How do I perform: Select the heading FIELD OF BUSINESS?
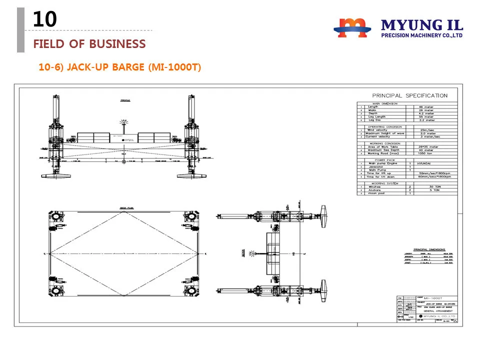pyautogui.click(x=89, y=44)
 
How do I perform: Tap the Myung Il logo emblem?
pyautogui.click(x=352, y=27)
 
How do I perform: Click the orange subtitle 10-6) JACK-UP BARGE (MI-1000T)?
pyautogui.click(x=120, y=66)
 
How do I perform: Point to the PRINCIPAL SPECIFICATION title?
pyautogui.click(x=410, y=95)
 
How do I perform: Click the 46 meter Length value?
pyautogui.click(x=426, y=106)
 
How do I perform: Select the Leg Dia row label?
pyautogui.click(x=374, y=120)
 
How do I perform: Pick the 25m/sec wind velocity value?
pyautogui.click(x=427, y=130)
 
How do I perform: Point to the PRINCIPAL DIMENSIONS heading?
pyautogui.click(x=429, y=249)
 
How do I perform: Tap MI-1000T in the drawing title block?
pyautogui.click(x=433, y=298)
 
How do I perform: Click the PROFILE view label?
pyautogui.click(x=125, y=100)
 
